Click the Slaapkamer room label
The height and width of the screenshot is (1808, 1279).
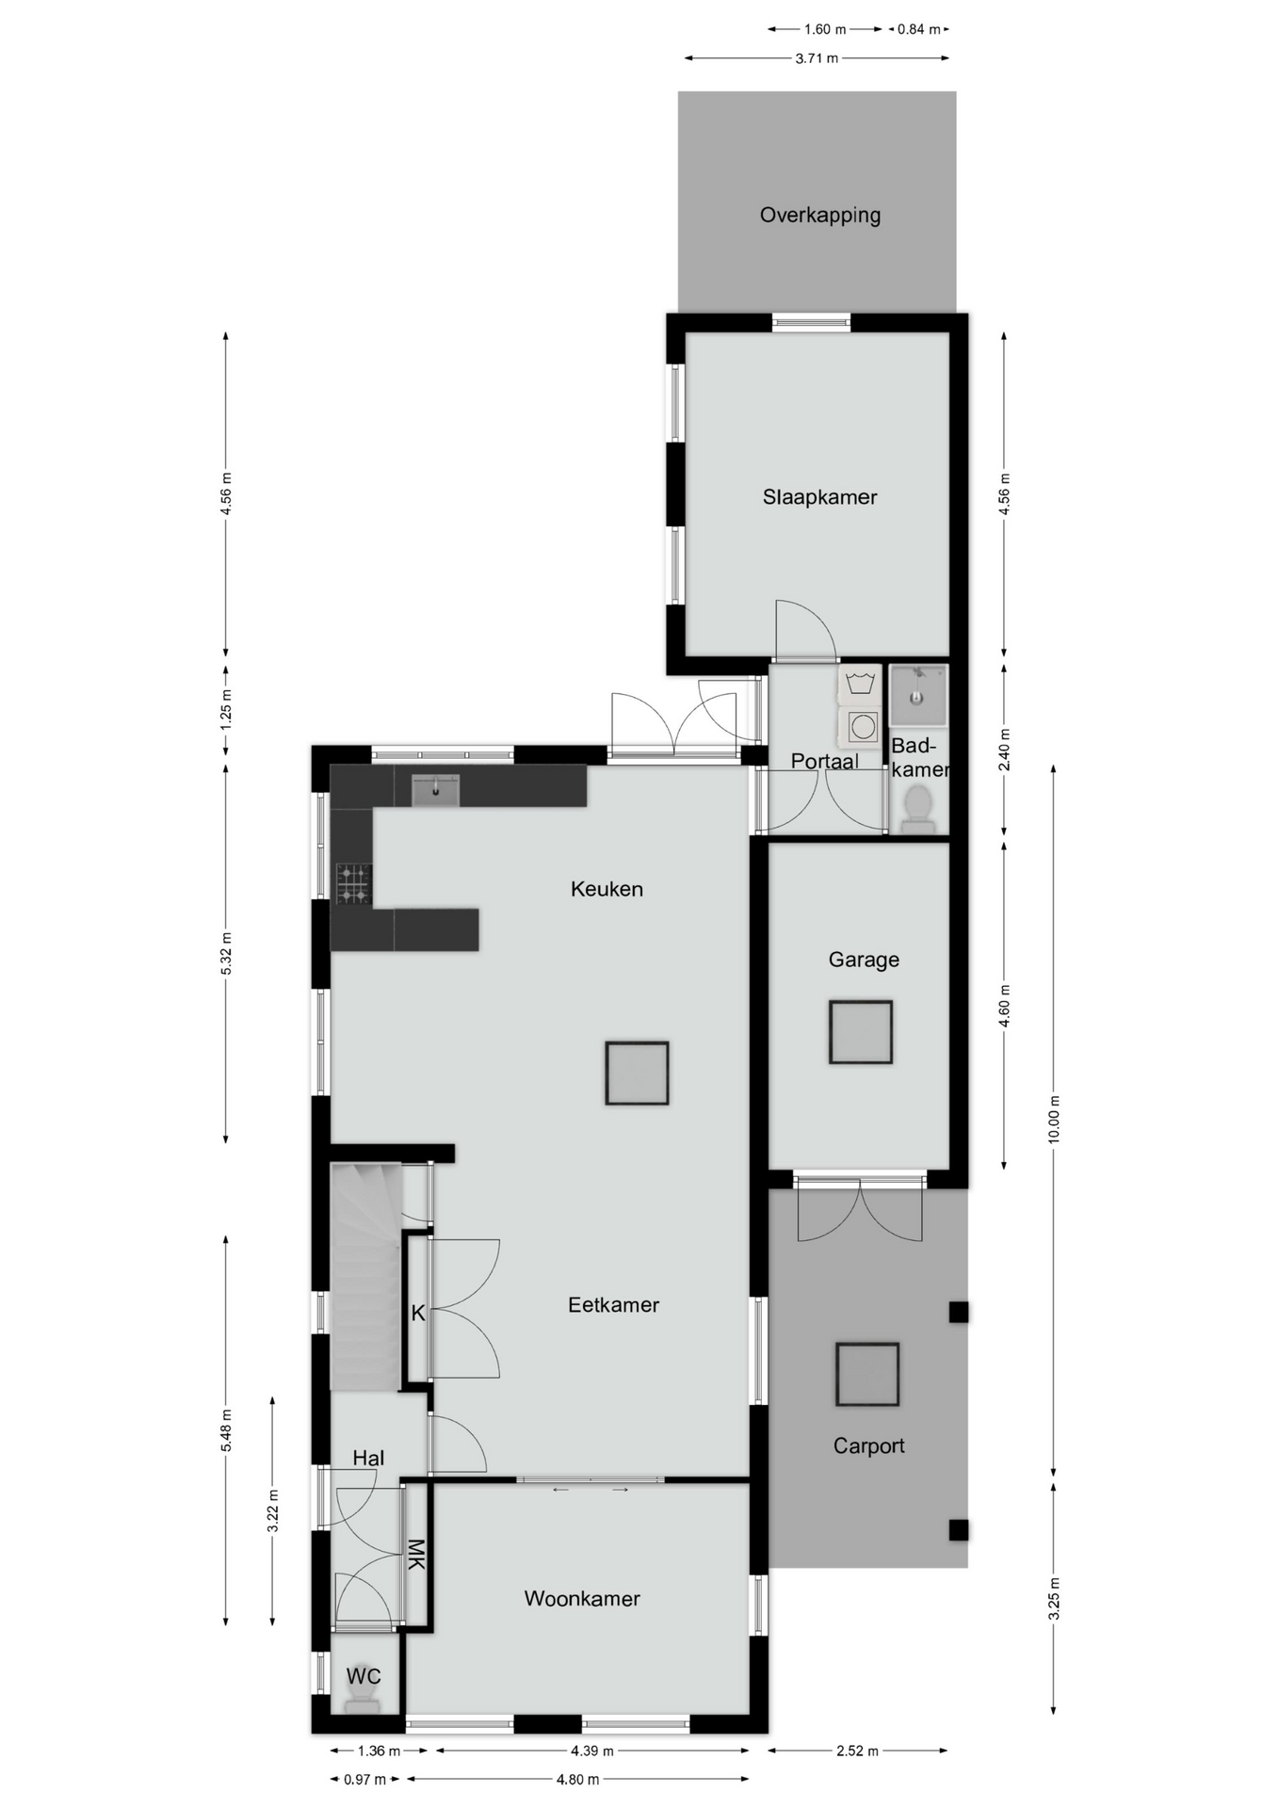pos(819,497)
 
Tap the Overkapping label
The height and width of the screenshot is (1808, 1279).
pos(820,215)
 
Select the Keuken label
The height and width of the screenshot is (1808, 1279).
pos(607,889)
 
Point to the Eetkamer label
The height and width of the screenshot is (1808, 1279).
pos(613,1305)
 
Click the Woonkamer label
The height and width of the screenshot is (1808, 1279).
pos(582,1599)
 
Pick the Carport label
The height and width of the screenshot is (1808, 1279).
pos(868,1446)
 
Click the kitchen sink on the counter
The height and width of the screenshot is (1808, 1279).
pos(435,791)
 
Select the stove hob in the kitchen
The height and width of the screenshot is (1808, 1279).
pos(354,883)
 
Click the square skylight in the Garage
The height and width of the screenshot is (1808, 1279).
pos(860,1032)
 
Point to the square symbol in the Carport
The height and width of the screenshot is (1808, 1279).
pos(866,1374)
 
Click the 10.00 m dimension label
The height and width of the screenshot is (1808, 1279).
pos(1054,1119)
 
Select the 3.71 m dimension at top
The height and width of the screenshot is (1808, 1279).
pos(817,58)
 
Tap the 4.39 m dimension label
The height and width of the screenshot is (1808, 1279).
pos(591,1751)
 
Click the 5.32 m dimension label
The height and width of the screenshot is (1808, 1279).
pos(226,953)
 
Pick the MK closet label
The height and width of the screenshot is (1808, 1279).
pos(415,1554)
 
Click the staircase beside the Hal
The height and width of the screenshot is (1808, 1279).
pos(365,1276)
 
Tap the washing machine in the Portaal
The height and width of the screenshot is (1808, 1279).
pos(860,724)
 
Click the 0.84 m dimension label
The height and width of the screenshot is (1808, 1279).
pos(918,29)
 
